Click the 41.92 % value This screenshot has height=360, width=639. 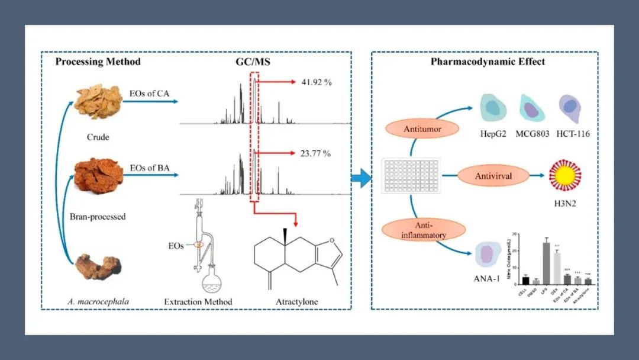(315, 82)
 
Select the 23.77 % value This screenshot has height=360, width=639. (315, 154)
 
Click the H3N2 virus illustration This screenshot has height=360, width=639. (564, 176)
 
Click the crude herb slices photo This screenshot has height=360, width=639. (99, 102)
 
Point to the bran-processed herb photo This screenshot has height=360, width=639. (98, 176)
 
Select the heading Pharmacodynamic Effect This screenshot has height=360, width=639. (488, 62)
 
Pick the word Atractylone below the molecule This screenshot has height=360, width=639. (296, 302)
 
